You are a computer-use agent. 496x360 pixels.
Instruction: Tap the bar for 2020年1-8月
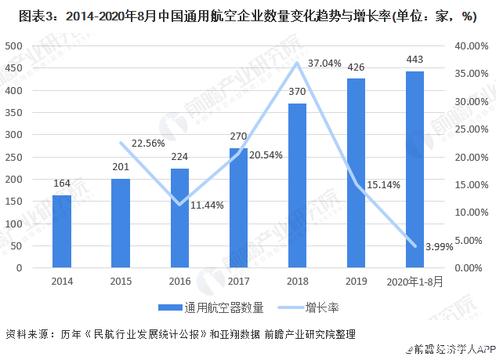[415, 169]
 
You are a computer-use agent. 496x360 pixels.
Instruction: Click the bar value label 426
[356, 67]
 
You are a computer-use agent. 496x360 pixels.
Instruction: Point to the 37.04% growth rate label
[324, 63]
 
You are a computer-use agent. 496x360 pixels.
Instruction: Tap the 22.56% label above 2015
[149, 143]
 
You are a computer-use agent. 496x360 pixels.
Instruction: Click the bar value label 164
[62, 184]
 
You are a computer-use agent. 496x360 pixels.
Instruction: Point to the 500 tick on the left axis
[14, 46]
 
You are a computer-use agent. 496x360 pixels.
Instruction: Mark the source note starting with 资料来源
[180, 333]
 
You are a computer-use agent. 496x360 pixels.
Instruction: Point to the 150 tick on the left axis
[14, 202]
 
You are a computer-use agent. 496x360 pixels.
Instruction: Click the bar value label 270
[238, 136]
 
